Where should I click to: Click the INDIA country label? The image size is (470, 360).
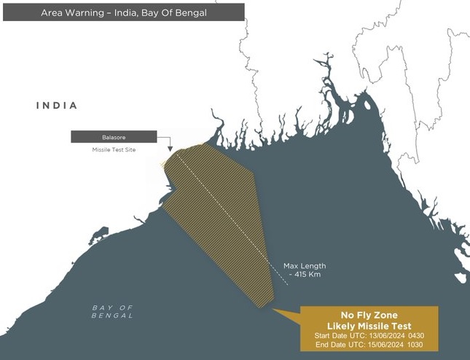point(57,106)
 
